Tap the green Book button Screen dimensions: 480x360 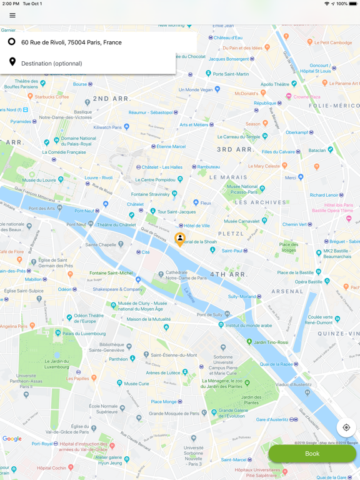tap(312, 454)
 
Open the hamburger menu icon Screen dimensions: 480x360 tap(12, 15)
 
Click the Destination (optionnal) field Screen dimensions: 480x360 tap(52, 63)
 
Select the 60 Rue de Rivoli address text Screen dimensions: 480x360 tap(71, 42)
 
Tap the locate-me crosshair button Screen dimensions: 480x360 tap(346, 427)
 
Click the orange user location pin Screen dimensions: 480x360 tap(180, 239)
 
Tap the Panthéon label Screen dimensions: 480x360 tap(119, 359)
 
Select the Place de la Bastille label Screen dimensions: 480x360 tap(295, 272)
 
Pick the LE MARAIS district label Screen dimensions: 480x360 tap(229, 177)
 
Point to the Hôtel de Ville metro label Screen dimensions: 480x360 tap(197, 226)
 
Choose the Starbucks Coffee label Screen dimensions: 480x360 tap(52, 97)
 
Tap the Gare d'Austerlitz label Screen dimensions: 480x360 tap(272, 420)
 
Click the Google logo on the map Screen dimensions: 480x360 tap(12, 439)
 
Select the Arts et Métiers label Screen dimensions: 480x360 tap(194, 124)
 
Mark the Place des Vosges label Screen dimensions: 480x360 tap(288, 247)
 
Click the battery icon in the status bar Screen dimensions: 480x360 tap(352, 4)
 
